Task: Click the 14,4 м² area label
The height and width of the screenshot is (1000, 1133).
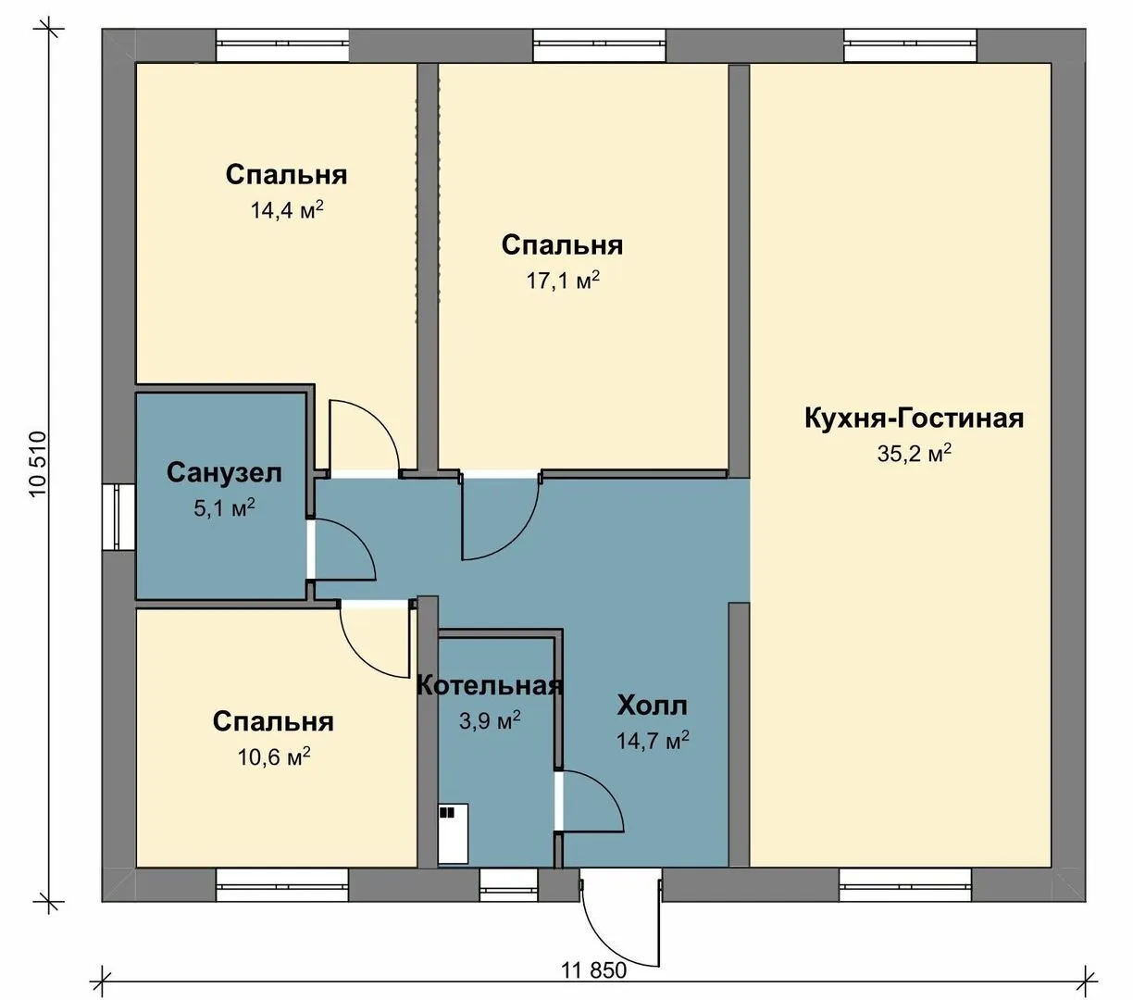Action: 287,210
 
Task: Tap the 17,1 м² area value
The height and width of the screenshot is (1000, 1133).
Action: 563,280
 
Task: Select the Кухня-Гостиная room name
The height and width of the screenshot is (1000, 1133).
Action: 914,419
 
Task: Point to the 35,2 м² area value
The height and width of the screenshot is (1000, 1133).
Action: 914,453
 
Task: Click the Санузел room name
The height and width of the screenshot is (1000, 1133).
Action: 224,473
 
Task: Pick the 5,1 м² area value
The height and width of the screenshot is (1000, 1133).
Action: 224,507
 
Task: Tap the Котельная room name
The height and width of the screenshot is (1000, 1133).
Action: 490,685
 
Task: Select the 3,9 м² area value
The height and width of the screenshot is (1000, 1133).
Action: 490,719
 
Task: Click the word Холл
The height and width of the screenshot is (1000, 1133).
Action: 652,706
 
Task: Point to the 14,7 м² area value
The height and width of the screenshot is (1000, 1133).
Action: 652,741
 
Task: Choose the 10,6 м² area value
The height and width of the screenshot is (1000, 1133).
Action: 274,756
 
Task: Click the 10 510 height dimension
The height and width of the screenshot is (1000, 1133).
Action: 38,464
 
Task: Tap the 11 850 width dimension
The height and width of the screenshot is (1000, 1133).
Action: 593,969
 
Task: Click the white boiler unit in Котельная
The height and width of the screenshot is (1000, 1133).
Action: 453,834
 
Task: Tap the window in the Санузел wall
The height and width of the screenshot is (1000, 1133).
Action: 118,517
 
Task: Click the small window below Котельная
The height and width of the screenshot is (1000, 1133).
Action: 508,885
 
